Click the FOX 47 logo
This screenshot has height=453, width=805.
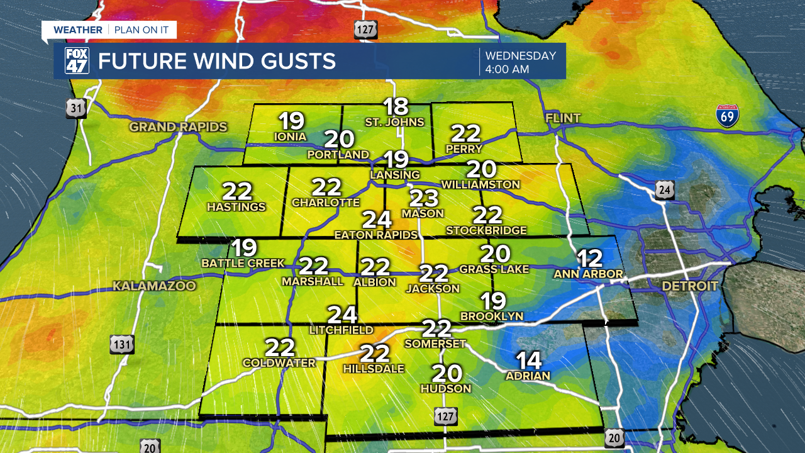click(77, 61)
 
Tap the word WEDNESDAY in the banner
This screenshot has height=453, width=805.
click(521, 55)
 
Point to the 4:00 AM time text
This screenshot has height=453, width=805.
click(507, 69)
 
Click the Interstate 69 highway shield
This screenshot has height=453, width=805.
click(728, 116)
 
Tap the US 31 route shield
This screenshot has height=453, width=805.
click(76, 108)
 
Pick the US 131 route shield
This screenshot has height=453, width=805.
click(122, 344)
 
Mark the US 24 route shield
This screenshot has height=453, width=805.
click(664, 190)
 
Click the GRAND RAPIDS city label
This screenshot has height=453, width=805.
click(178, 127)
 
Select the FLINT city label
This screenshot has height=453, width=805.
click(563, 118)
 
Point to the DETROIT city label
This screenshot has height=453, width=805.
click(689, 286)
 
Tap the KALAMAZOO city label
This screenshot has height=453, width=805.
click(154, 286)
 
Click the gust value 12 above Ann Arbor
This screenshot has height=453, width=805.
click(590, 259)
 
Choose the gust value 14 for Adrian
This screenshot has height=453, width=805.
click(529, 361)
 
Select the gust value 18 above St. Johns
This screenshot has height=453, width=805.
click(396, 106)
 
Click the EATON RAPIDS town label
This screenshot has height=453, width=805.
click(376, 235)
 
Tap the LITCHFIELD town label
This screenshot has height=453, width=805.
click(341, 330)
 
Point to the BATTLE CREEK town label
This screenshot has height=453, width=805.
click(243, 263)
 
